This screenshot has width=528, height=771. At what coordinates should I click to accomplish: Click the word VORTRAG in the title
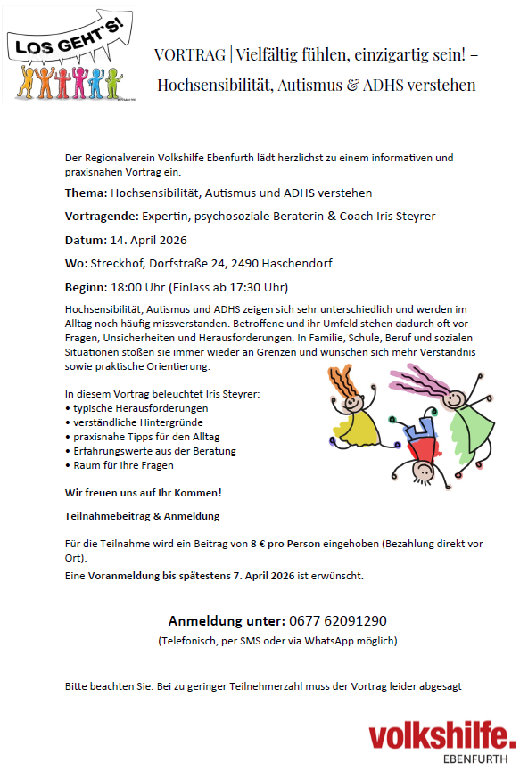pyautogui.click(x=188, y=53)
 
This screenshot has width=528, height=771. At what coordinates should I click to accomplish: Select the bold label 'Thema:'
pyautogui.click(x=86, y=193)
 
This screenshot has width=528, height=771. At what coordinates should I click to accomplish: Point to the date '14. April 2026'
pyautogui.click(x=149, y=240)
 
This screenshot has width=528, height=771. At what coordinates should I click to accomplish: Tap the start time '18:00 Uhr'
pyautogui.click(x=138, y=287)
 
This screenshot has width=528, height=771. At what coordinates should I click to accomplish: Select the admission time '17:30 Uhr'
pyautogui.click(x=258, y=287)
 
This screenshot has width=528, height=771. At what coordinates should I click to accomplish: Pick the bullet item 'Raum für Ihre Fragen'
pyautogui.click(x=123, y=464)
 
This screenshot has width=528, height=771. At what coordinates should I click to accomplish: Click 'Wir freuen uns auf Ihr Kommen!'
pyautogui.click(x=143, y=493)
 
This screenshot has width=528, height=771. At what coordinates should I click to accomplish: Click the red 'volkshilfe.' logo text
pyautogui.click(x=441, y=737)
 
